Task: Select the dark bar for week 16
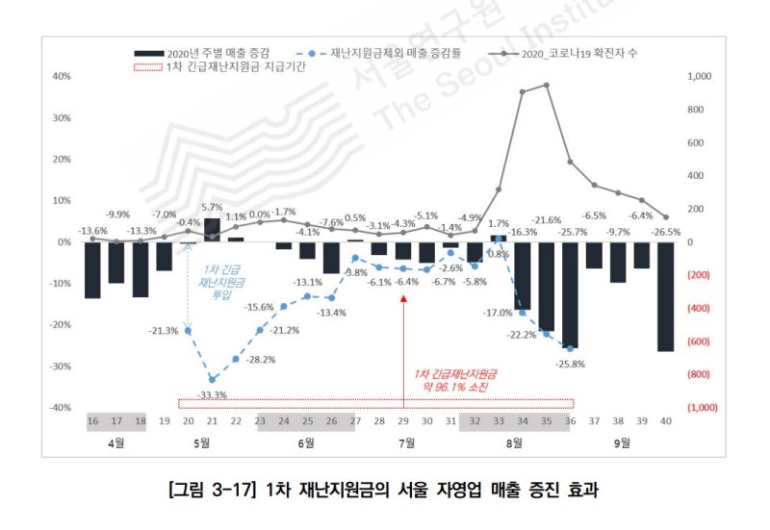pyautogui.click(x=92, y=270)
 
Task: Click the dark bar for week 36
pyautogui.click(x=570, y=294)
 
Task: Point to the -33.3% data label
pyautogui.click(x=213, y=395)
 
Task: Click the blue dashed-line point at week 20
pyautogui.click(x=188, y=331)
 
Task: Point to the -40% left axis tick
pyautogui.click(x=60, y=408)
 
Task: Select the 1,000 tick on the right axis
pyautogui.click(x=700, y=76)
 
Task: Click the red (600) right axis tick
pyautogui.click(x=700, y=341)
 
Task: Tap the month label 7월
pyautogui.click(x=404, y=443)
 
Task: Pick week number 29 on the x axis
pyautogui.click(x=403, y=420)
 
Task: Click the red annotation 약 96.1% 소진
pyautogui.click(x=450, y=386)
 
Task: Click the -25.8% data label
pyautogui.click(x=568, y=364)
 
